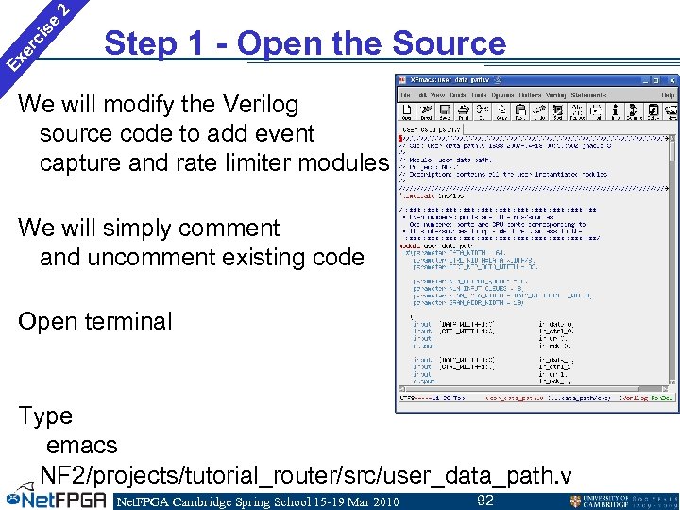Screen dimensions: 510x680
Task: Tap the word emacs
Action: (x=81, y=444)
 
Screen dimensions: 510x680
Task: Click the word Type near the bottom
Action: (x=44, y=416)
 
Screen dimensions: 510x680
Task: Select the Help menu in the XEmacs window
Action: (x=668, y=95)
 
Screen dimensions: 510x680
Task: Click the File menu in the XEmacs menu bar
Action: (x=406, y=95)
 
